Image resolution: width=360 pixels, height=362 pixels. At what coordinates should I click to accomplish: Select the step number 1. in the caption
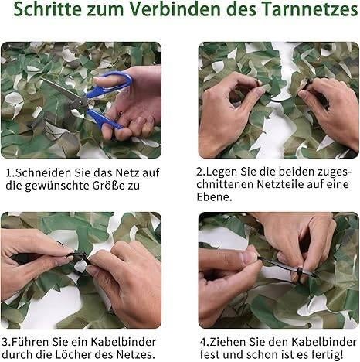[8, 173]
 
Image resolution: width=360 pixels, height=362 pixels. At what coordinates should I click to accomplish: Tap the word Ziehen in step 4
[229, 341]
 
